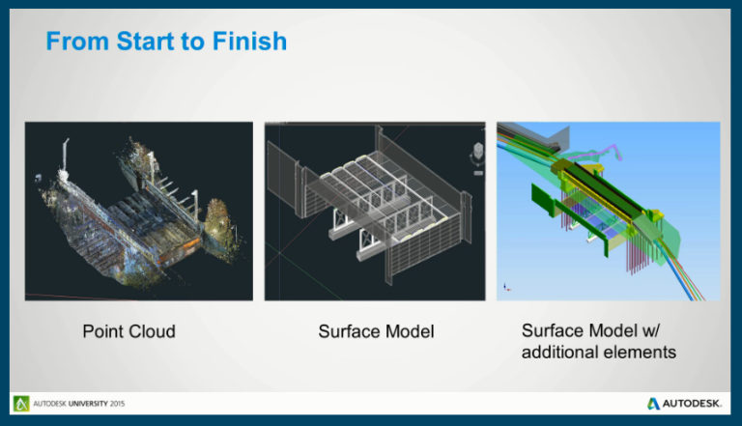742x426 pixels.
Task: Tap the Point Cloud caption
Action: pos(128,331)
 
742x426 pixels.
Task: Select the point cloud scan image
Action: pos(138,211)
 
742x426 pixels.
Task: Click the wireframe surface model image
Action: pos(375,211)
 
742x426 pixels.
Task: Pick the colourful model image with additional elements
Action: pos(608,211)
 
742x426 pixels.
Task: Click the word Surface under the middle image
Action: pos(350,331)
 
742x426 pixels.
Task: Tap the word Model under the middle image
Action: pos(410,331)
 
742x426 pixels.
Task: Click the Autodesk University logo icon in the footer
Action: pos(21,403)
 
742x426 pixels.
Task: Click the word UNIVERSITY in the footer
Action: pos(84,403)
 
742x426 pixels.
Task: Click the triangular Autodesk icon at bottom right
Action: pos(654,403)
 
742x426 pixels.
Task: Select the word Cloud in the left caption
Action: pos(152,331)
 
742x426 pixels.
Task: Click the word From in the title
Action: pos(70,43)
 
